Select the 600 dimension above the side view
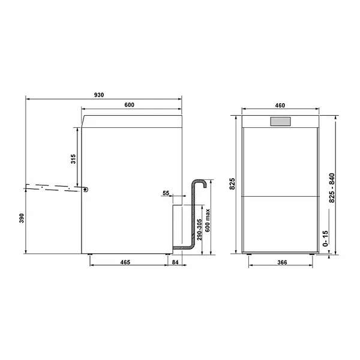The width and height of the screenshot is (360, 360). (x=130, y=105)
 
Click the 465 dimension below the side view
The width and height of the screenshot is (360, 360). (x=126, y=263)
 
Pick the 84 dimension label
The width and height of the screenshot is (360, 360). (x=175, y=263)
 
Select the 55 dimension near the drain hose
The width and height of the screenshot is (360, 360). (x=166, y=193)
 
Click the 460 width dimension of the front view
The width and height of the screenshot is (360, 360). (x=280, y=105)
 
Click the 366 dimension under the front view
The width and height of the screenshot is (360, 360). (x=280, y=263)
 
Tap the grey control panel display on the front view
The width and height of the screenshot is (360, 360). (x=280, y=122)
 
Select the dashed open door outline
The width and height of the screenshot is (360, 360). (x=54, y=186)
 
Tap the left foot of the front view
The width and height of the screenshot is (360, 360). (x=250, y=255)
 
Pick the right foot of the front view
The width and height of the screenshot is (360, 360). (x=310, y=255)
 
